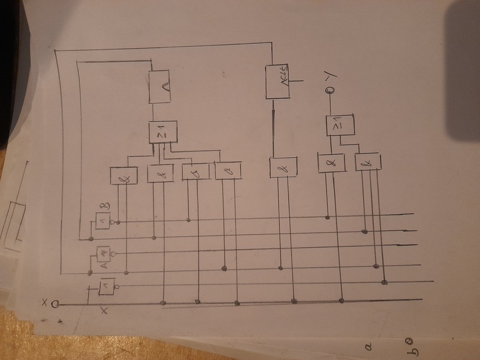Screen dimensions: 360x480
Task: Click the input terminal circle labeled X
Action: pos(55,304)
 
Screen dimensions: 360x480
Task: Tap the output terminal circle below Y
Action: pos(329,91)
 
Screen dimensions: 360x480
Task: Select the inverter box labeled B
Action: pos(101,222)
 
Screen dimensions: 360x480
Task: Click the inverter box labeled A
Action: pos(99,254)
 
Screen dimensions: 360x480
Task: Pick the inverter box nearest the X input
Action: pos(107,287)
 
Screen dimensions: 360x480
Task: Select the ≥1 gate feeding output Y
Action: pos(340,126)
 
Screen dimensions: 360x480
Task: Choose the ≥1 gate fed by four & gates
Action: pos(163,132)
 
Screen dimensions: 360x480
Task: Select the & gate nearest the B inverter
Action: pos(124,175)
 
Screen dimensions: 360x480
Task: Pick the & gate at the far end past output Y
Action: pos(368,163)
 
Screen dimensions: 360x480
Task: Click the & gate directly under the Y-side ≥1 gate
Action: pos(331,162)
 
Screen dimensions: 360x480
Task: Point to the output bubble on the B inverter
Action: pos(118,222)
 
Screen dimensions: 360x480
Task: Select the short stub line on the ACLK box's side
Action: pos(299,80)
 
